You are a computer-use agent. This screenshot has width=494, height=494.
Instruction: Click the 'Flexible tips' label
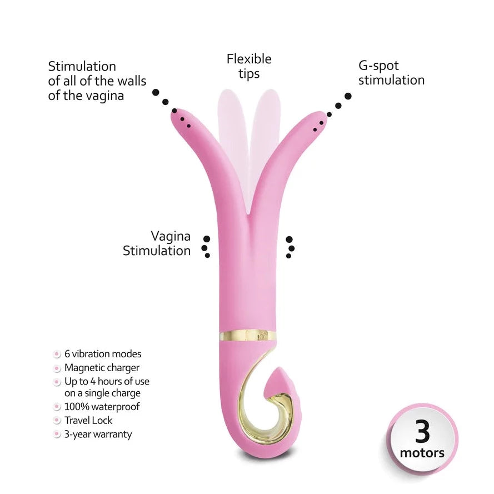click(249, 67)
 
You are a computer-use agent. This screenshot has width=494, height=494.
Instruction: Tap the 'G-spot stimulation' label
click(391, 73)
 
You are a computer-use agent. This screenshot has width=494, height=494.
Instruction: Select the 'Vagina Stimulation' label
click(157, 243)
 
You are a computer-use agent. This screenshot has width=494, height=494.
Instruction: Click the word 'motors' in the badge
click(422, 453)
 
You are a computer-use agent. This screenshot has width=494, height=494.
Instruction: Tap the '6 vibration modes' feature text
click(103, 354)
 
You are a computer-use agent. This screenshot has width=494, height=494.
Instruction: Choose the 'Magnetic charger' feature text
click(102, 368)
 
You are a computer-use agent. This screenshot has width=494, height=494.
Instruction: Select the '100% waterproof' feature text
click(102, 406)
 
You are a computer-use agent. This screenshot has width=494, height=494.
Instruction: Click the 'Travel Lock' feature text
click(88, 420)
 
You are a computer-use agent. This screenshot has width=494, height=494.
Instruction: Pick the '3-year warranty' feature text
click(98, 434)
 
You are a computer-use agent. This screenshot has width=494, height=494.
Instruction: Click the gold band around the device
click(248, 335)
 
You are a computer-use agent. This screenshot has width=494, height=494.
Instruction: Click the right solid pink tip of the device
click(317, 120)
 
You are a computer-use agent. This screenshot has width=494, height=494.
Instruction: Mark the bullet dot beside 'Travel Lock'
click(57, 420)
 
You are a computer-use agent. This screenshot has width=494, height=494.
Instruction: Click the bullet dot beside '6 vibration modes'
click(57, 354)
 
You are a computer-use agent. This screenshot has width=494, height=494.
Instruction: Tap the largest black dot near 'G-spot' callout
click(348, 96)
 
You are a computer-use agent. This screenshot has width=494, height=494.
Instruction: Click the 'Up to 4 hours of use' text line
click(107, 381)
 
